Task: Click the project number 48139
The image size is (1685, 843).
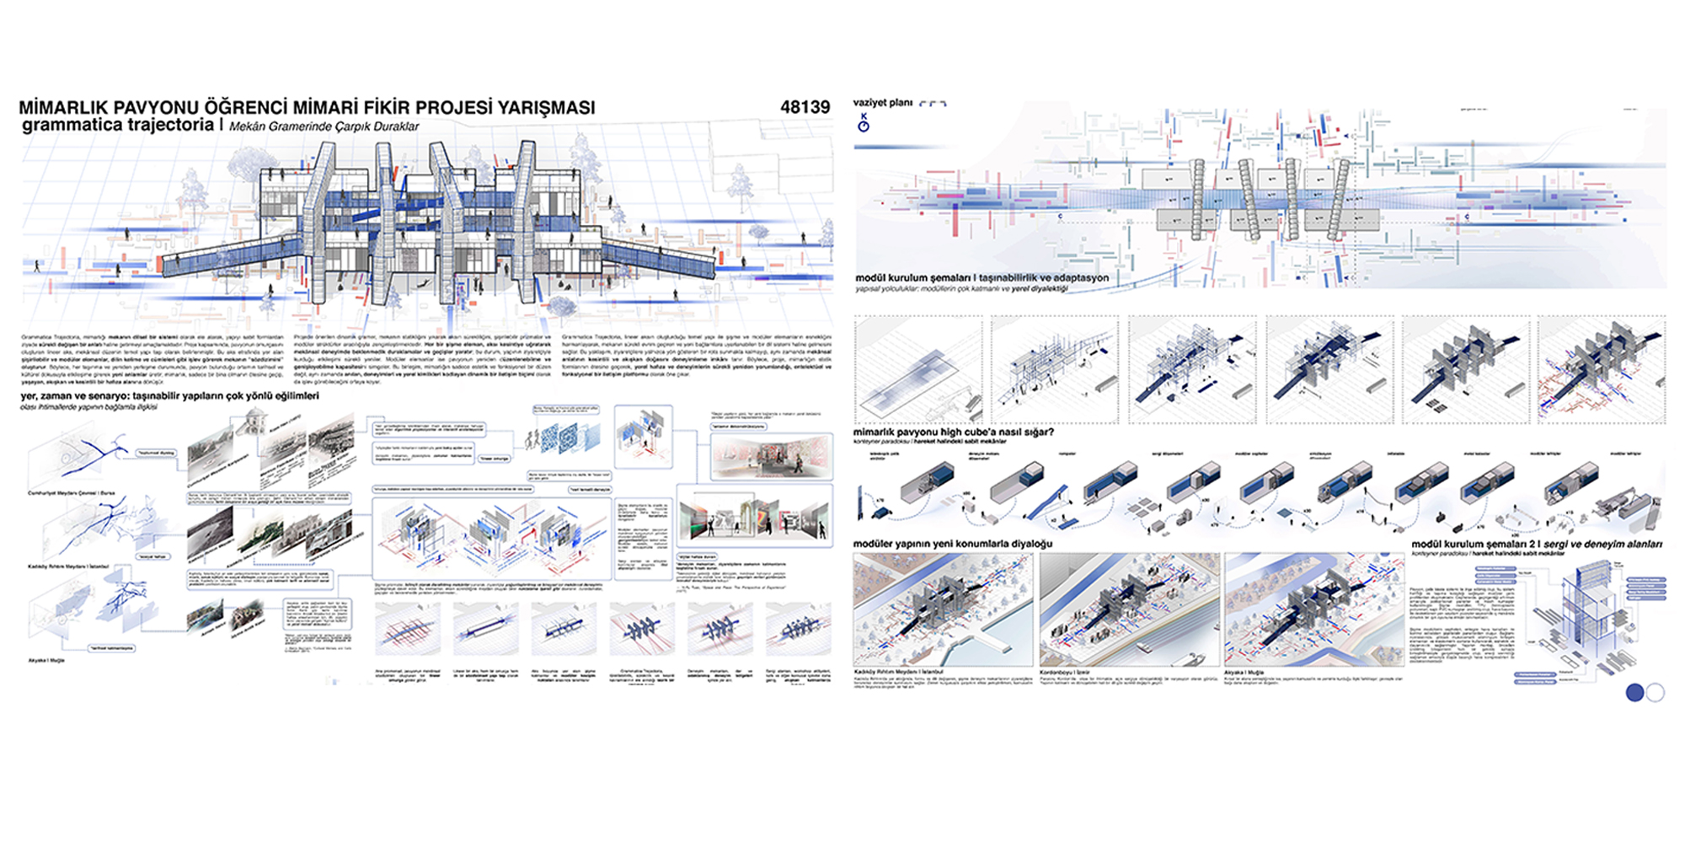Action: coord(805,107)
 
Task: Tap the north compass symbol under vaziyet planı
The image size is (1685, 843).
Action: coord(863,125)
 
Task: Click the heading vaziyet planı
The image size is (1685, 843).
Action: coord(882,103)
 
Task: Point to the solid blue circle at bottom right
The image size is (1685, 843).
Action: coord(1634,692)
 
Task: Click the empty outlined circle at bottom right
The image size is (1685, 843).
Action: coord(1655,692)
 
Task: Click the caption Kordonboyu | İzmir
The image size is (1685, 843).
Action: coord(1065,673)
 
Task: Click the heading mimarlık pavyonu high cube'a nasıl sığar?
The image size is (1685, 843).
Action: coord(953,432)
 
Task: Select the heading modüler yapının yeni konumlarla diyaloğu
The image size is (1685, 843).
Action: coord(952,544)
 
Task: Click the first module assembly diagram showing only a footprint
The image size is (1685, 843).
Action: coord(918,370)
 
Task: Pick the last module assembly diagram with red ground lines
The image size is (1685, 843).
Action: coord(1601,370)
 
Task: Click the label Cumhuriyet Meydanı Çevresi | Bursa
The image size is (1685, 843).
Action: coord(71,493)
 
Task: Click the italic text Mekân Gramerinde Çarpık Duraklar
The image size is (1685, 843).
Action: coord(324,126)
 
